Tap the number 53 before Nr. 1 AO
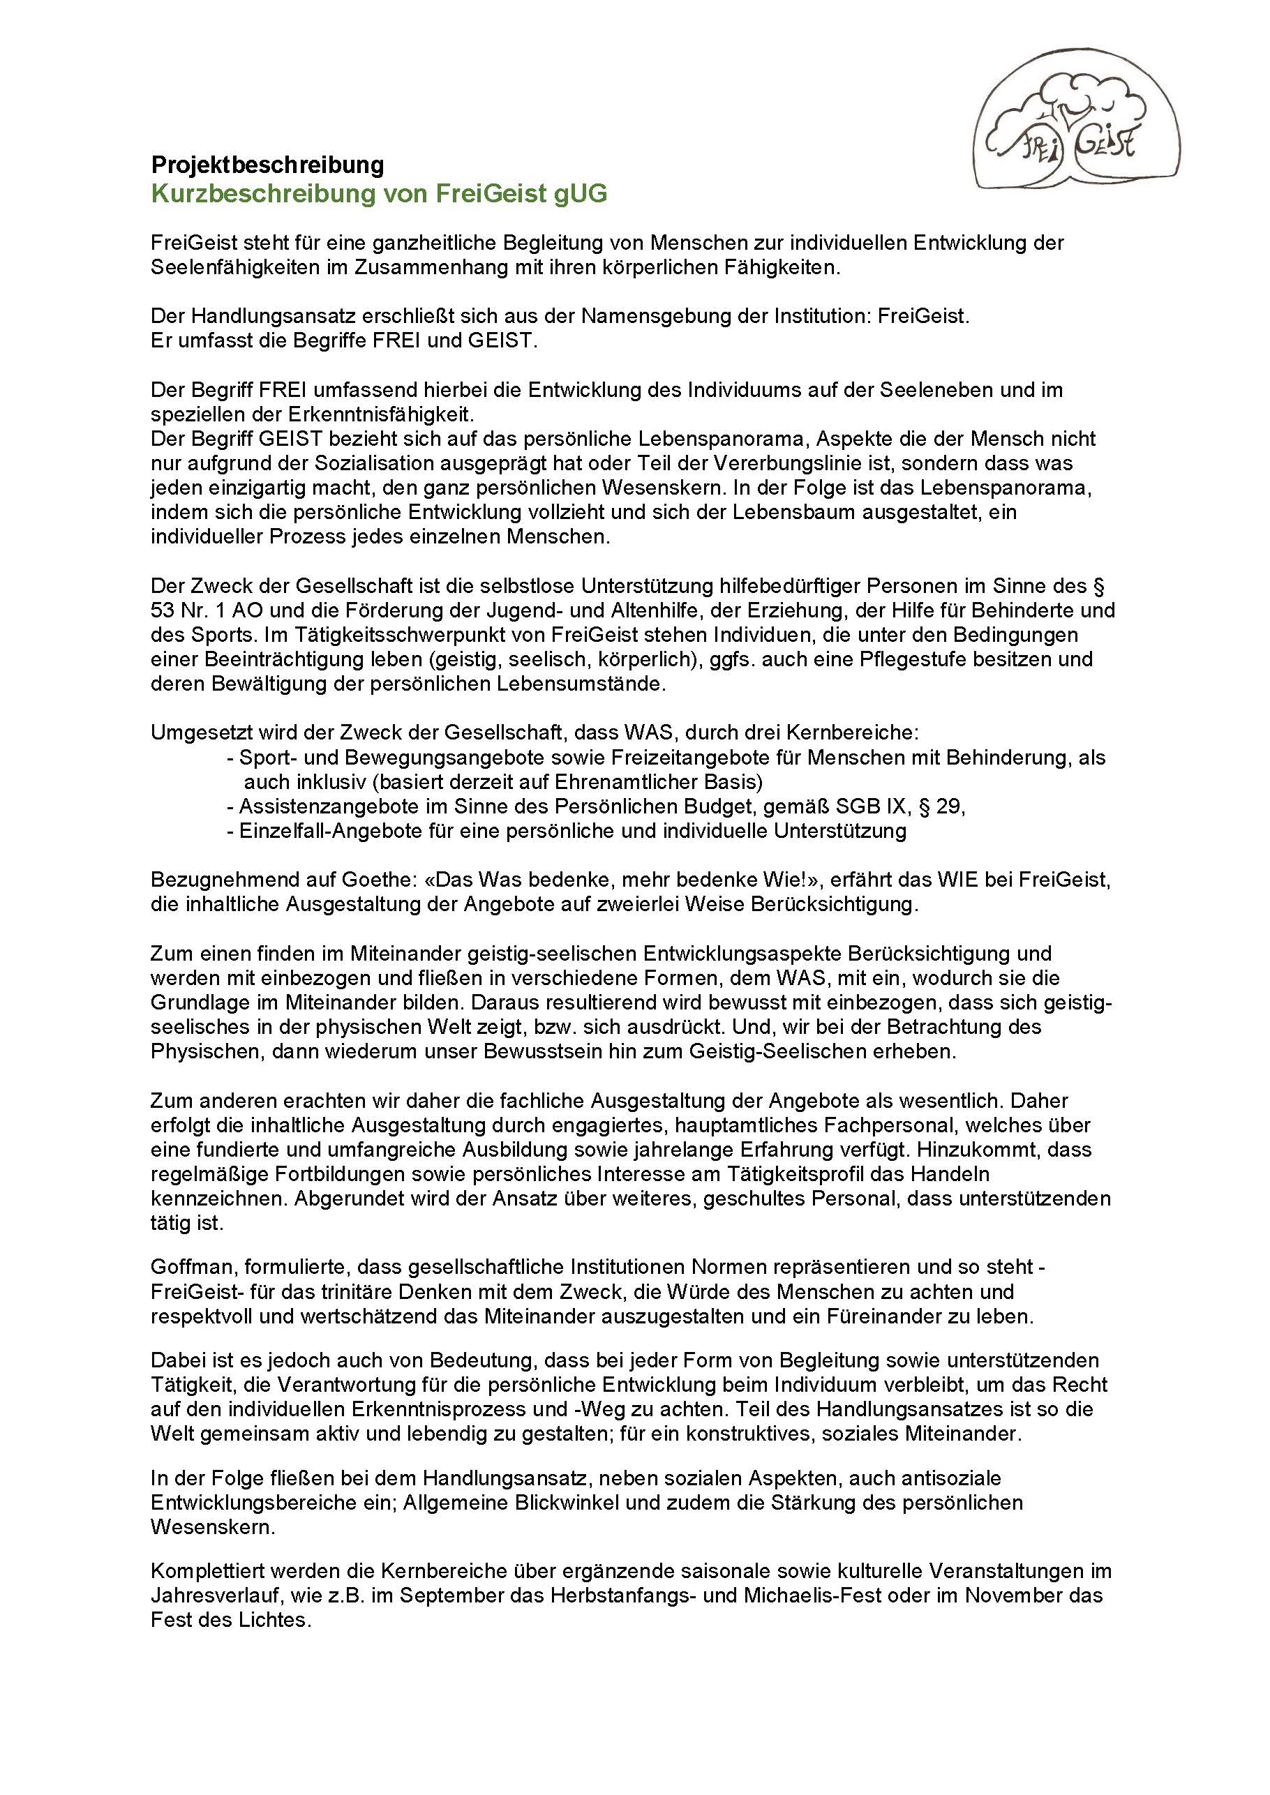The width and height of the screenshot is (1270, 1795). click(163, 610)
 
